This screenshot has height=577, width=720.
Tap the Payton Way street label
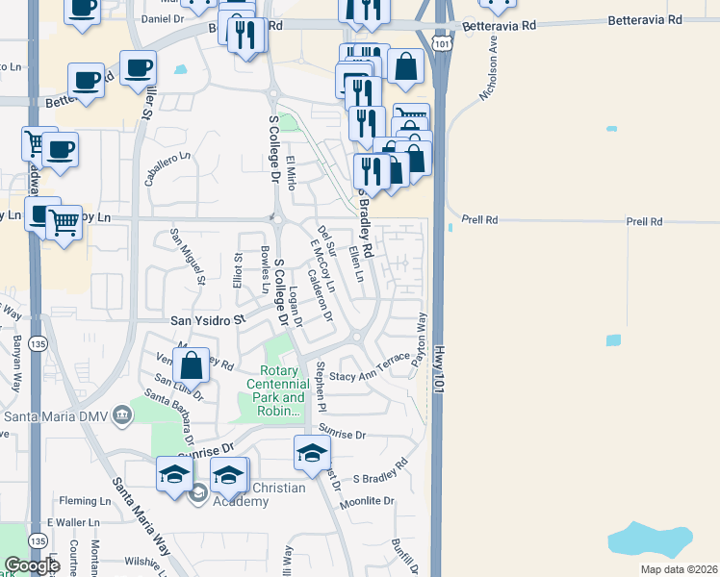point(420,339)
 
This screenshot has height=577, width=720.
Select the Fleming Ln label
point(86,501)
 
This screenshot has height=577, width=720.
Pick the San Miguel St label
point(188,256)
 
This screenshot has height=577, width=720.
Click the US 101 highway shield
point(440,44)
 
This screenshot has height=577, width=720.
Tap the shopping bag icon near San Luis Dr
point(192,364)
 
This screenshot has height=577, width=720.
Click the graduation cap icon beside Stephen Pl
point(312,451)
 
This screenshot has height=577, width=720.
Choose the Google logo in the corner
point(31,565)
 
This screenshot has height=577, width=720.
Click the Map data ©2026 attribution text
point(679,569)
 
